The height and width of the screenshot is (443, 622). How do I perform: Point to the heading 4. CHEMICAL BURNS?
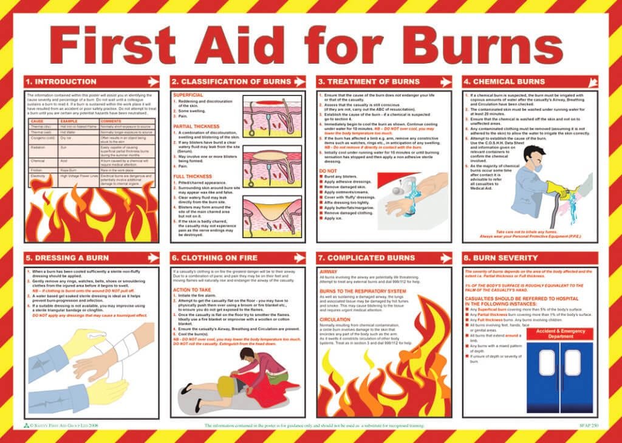point(504,81)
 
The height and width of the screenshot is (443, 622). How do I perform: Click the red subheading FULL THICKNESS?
point(190,176)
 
